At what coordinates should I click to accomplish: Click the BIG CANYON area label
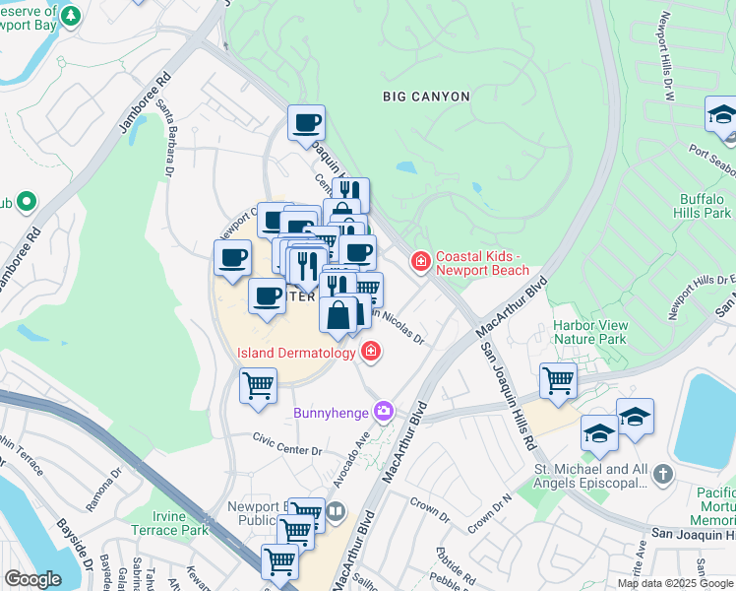(426, 97)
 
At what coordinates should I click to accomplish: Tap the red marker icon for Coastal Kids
(420, 261)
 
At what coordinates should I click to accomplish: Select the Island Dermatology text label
(295, 353)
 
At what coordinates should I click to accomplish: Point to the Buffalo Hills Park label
(704, 205)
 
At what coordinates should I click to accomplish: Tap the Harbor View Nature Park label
(590, 331)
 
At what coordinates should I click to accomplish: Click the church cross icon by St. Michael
(663, 476)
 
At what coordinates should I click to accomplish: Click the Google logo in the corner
(32, 579)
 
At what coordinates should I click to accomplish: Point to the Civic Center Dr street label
(286, 443)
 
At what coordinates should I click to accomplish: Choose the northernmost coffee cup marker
(306, 123)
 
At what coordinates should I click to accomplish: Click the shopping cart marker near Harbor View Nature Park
(559, 380)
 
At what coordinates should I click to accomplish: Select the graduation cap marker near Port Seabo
(722, 115)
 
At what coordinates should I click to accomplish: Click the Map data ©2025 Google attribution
(675, 583)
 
